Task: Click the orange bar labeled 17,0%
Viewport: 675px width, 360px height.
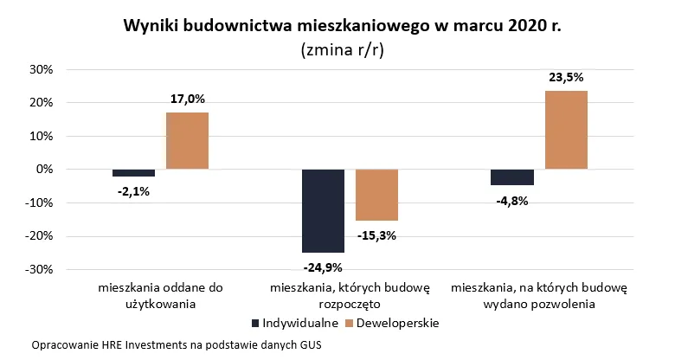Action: point(187,141)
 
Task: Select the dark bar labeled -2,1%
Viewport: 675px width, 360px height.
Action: point(133,173)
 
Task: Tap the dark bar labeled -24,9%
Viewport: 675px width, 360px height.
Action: point(323,210)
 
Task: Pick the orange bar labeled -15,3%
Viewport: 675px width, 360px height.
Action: point(376,195)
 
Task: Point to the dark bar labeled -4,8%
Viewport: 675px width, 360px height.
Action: point(512,177)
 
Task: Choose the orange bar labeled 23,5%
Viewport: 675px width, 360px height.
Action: point(566,130)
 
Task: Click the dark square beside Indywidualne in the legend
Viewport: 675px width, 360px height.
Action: point(255,323)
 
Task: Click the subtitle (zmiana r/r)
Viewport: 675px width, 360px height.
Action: point(342,49)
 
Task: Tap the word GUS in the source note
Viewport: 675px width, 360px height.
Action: point(309,345)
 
